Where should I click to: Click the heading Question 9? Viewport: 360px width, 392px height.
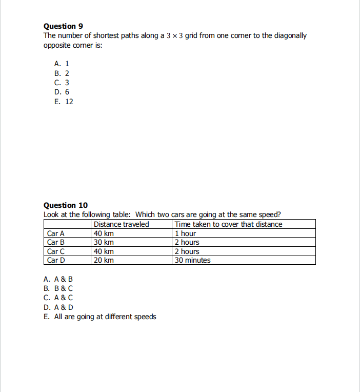tap(63, 26)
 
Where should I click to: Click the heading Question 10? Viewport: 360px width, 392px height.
tap(65, 205)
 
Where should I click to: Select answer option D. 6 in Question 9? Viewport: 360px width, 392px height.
tap(62, 92)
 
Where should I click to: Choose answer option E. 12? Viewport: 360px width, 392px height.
tap(64, 102)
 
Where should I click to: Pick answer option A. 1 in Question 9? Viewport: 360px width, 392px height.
tap(62, 64)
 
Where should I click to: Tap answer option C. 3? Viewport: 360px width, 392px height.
tap(62, 83)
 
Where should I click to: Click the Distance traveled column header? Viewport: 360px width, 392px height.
tap(122, 224)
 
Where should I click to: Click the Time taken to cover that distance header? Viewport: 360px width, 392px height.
tap(228, 224)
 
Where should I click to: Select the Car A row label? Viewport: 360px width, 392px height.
tap(55, 233)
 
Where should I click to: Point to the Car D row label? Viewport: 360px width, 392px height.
tap(55, 260)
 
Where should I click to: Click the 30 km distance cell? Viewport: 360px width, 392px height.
tap(104, 242)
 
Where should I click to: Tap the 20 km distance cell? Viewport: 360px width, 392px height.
tap(104, 260)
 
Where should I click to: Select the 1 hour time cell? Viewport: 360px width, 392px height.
tap(185, 233)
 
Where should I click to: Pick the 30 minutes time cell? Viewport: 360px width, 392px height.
tap(192, 260)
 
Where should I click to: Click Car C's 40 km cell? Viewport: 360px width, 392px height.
tap(104, 251)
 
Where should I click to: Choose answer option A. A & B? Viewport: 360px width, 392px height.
tap(58, 279)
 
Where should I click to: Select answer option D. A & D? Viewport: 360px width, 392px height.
tap(58, 307)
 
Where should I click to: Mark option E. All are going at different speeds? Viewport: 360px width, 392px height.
tap(100, 317)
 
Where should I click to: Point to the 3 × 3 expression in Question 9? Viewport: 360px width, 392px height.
tap(175, 35)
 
